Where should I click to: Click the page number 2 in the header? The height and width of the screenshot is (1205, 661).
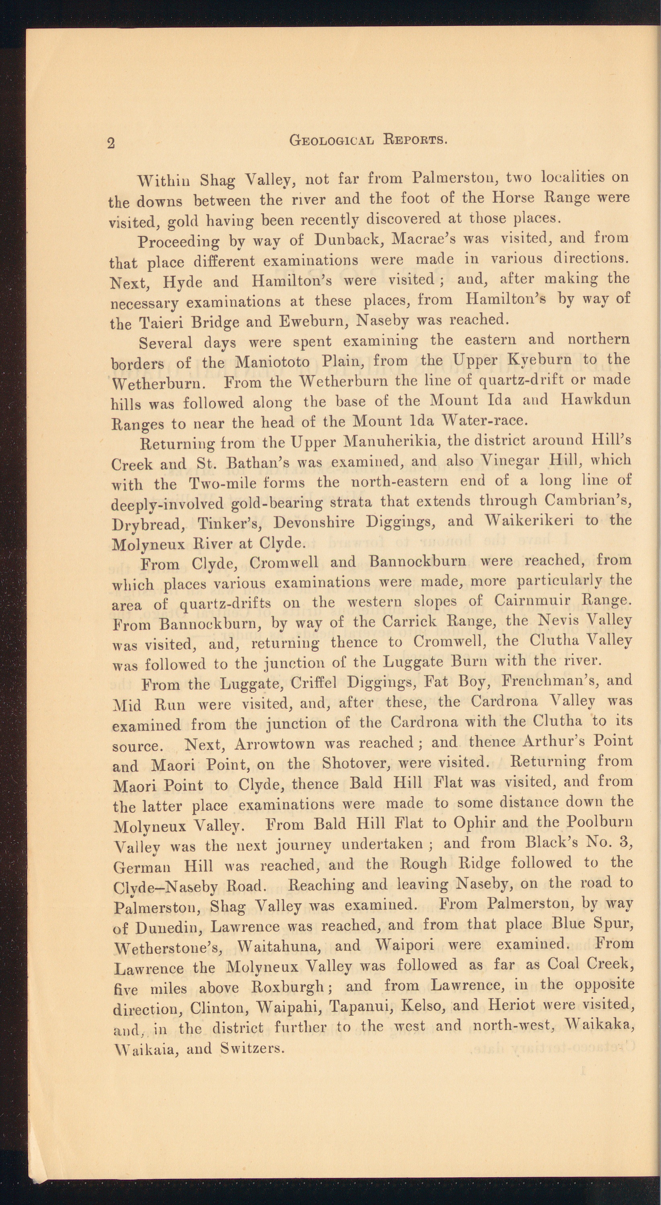(111, 143)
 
